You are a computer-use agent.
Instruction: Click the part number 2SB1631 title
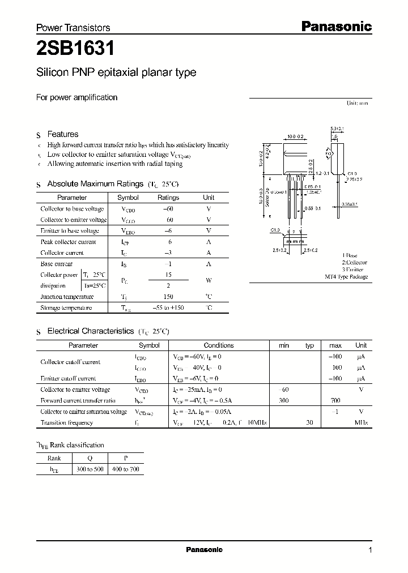(x=75, y=49)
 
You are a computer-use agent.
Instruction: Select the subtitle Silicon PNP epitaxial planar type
(x=116, y=72)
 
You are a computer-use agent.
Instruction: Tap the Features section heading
(x=62, y=134)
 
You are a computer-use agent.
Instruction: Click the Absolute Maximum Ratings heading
(x=95, y=184)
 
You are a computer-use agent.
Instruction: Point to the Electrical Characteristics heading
(x=90, y=331)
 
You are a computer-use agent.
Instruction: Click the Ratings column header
(x=168, y=198)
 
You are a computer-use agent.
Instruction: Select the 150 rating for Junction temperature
(x=168, y=297)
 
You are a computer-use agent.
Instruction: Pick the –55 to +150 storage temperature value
(x=168, y=308)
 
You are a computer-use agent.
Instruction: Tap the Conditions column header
(x=218, y=345)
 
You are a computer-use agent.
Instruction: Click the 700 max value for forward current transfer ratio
(x=335, y=400)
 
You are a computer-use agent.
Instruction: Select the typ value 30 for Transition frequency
(x=309, y=423)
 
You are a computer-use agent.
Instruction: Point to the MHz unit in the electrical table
(x=361, y=423)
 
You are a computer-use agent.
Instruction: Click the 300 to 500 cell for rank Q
(x=90, y=469)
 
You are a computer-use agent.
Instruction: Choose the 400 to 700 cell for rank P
(x=126, y=469)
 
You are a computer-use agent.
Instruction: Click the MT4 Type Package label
(x=346, y=277)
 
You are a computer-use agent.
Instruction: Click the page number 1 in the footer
(x=370, y=550)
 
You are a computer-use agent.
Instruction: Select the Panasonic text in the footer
(x=204, y=549)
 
